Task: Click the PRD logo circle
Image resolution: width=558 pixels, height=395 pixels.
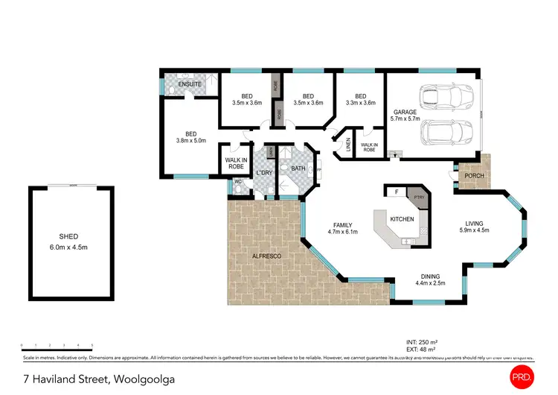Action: click(x=523, y=378)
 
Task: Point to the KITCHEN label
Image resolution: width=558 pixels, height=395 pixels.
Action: click(x=402, y=220)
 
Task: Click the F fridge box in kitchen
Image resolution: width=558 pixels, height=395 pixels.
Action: click(x=397, y=192)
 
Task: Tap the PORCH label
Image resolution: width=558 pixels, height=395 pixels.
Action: click(x=474, y=176)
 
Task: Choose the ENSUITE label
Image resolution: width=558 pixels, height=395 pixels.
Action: click(x=190, y=84)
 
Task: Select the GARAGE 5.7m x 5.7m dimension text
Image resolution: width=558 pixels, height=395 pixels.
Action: click(x=405, y=118)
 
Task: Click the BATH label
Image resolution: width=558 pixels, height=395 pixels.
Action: click(x=298, y=168)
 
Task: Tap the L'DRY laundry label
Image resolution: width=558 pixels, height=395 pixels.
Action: click(x=264, y=174)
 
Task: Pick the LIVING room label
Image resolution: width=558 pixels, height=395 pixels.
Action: click(x=475, y=223)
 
